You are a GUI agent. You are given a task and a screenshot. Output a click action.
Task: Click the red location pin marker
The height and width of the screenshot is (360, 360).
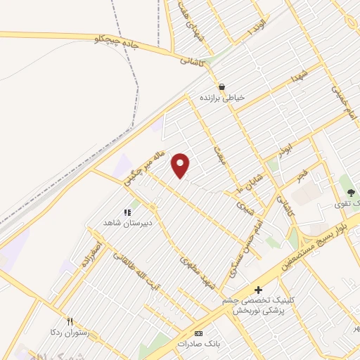click(x=181, y=165)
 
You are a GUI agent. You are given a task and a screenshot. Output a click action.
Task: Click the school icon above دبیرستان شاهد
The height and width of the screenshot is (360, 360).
click(x=127, y=212)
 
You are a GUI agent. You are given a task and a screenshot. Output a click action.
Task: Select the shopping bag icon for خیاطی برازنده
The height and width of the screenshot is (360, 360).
click(x=222, y=87)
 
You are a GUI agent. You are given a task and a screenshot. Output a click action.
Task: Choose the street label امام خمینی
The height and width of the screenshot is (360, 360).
click(x=342, y=102)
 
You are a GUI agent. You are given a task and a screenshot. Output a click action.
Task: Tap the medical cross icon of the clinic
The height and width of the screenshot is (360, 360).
click(x=258, y=289)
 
